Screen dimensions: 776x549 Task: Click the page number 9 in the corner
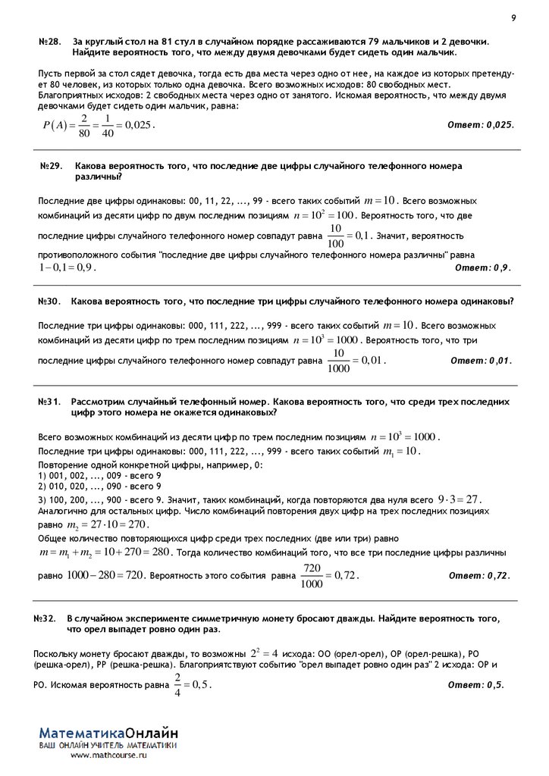(x=513, y=17)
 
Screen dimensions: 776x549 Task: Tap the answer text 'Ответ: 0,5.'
(x=475, y=684)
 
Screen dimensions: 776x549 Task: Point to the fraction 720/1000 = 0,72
(x=329, y=575)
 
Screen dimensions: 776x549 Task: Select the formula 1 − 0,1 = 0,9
(x=67, y=268)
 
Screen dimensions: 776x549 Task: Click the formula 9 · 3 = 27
(x=460, y=499)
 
